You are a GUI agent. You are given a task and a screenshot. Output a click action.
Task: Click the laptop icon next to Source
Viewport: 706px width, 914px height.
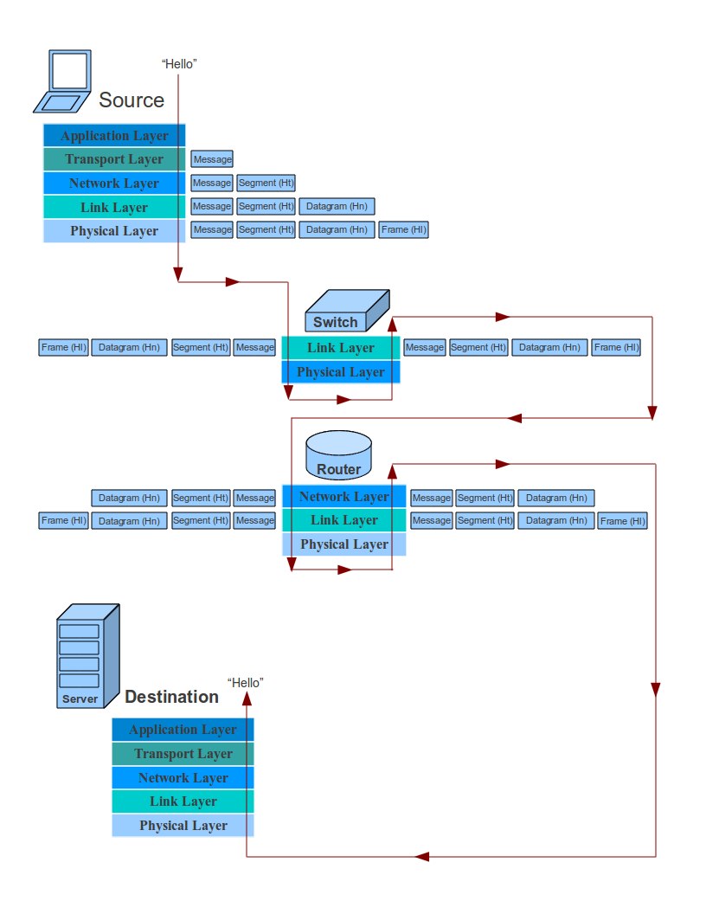pyautogui.click(x=63, y=81)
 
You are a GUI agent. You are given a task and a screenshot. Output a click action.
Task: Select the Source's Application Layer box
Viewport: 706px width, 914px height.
pyautogui.click(x=114, y=136)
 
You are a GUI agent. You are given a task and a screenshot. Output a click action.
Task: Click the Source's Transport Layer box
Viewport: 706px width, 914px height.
pyautogui.click(x=114, y=159)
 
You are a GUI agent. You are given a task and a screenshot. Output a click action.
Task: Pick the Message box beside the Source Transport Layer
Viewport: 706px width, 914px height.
pyautogui.click(x=212, y=159)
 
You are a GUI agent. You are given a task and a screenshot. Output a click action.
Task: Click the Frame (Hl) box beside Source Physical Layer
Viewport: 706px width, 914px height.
pyautogui.click(x=403, y=229)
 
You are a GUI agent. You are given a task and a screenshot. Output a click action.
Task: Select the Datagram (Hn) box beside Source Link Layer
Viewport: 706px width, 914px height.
pyautogui.click(x=337, y=206)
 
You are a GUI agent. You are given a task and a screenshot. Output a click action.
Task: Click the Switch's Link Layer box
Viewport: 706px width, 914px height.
pyautogui.click(x=341, y=348)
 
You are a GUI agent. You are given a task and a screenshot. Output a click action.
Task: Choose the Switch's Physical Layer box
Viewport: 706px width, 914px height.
pyautogui.click(x=341, y=372)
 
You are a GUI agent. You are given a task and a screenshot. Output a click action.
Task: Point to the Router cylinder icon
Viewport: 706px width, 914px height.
pyautogui.click(x=338, y=455)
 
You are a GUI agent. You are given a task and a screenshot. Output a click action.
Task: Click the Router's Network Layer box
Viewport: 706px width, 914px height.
pyautogui.click(x=343, y=497)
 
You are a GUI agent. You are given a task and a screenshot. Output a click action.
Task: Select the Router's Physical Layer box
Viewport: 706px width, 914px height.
pyautogui.click(x=343, y=544)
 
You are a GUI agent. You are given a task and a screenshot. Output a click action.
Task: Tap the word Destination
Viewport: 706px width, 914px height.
pyautogui.click(x=171, y=697)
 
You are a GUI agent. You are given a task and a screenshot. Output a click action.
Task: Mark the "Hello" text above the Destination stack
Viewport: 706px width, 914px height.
pyautogui.click(x=245, y=682)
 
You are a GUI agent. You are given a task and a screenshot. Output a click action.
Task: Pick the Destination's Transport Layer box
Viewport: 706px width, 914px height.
pyautogui.click(x=183, y=754)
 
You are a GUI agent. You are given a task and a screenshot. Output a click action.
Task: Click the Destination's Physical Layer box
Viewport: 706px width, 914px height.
pyautogui.click(x=183, y=826)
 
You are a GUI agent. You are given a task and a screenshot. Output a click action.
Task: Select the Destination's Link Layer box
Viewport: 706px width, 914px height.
pyautogui.click(x=183, y=801)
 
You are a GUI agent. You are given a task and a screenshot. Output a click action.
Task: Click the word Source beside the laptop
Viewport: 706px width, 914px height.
pyautogui.click(x=132, y=100)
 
